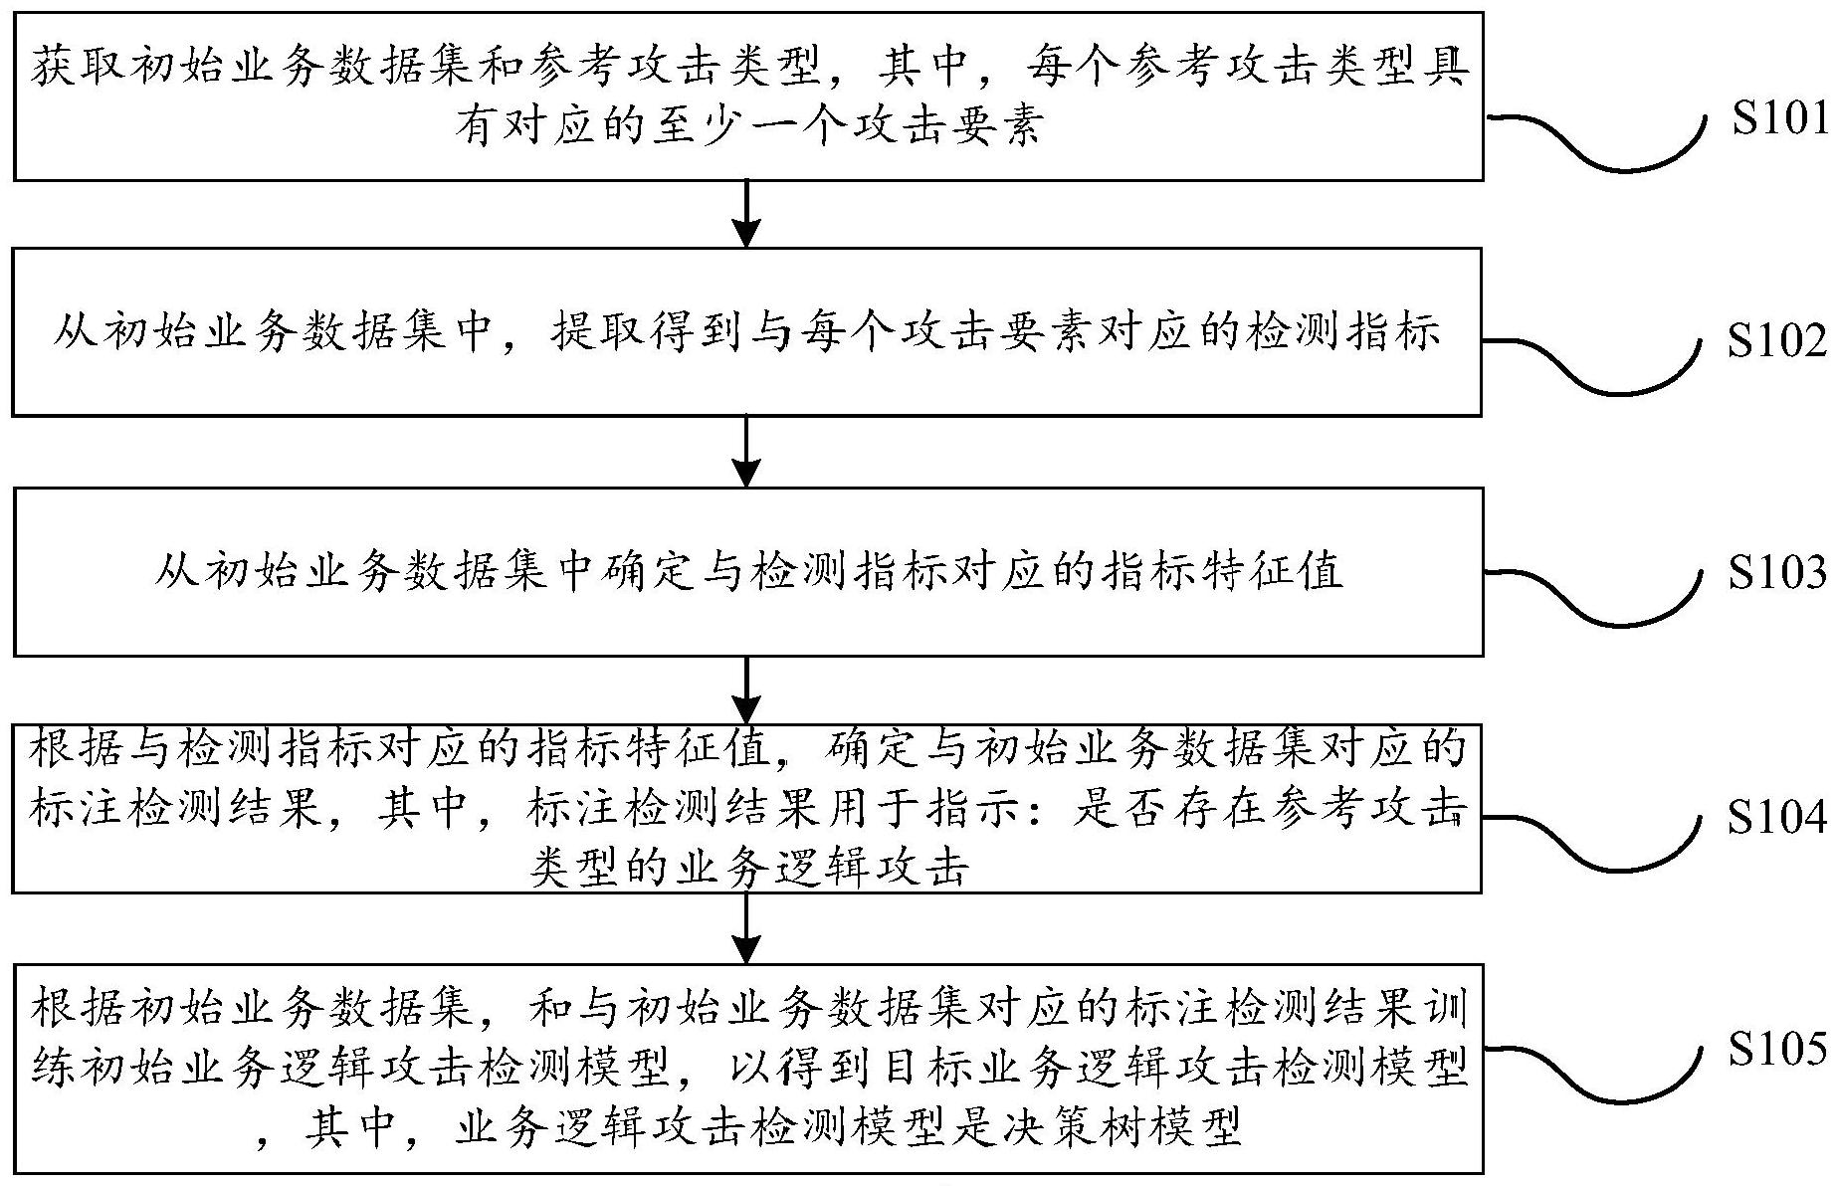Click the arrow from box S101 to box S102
click(746, 213)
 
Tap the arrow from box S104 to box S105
click(746, 927)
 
